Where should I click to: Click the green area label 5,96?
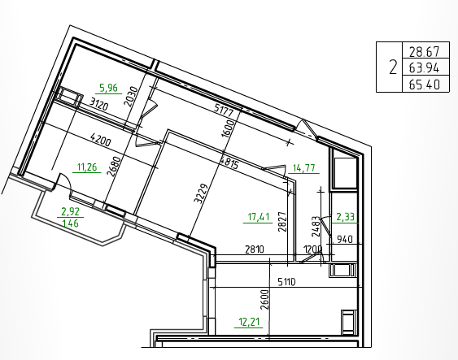tap(108, 88)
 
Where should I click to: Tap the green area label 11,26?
tap(87, 167)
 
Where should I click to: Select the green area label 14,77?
tap(303, 168)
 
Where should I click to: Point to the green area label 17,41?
tap(259, 217)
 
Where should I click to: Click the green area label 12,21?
tap(249, 323)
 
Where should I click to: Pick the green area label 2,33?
tap(346, 217)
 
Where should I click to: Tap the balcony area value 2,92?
tap(71, 211)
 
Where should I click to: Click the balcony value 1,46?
tap(71, 223)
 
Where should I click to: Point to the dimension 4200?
tap(101, 140)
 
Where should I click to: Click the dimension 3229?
tap(201, 193)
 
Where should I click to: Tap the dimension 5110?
tap(286, 282)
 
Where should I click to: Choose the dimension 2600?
tap(265, 300)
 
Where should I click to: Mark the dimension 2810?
tap(255, 249)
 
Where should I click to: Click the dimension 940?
tap(345, 240)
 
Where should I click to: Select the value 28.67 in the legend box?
tap(424, 52)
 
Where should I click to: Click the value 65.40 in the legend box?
tap(424, 85)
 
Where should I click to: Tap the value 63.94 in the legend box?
tap(424, 68)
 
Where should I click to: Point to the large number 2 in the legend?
tap(393, 67)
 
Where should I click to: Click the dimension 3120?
tap(99, 104)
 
